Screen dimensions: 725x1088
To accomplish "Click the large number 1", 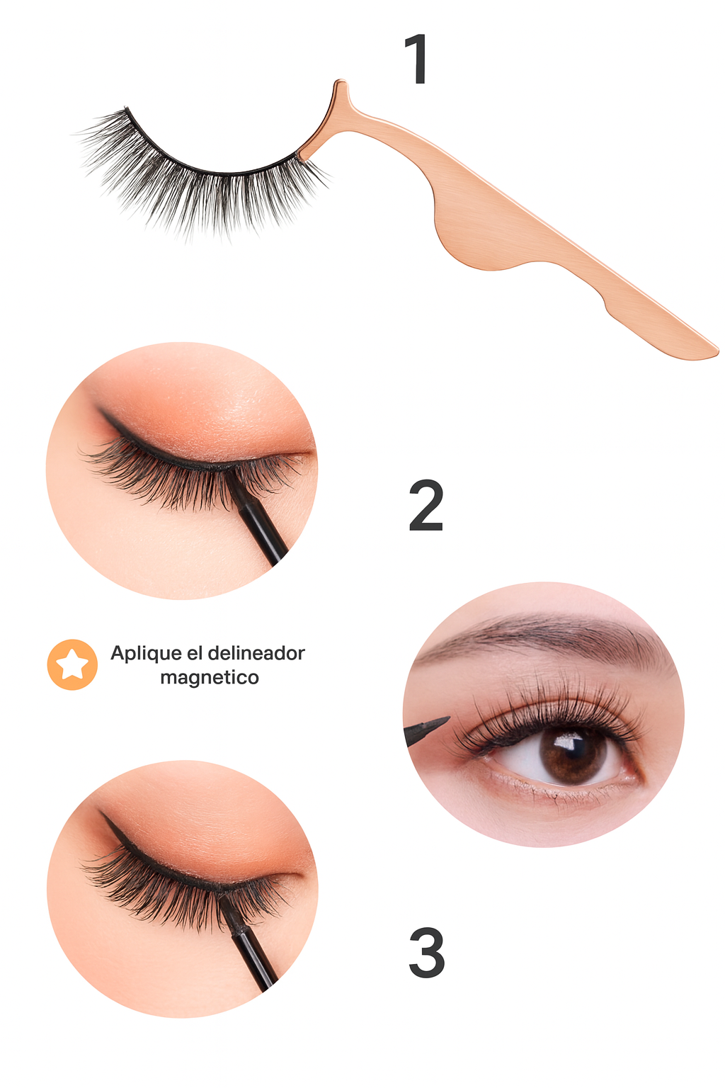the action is (x=416, y=59).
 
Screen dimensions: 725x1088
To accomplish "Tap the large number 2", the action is (x=426, y=506).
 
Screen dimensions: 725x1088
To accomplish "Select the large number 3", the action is (x=426, y=953).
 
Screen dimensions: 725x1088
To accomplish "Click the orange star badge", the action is (x=72, y=664).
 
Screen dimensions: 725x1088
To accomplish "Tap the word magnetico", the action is (x=210, y=678).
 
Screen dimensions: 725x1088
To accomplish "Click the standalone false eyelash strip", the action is (x=199, y=175).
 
